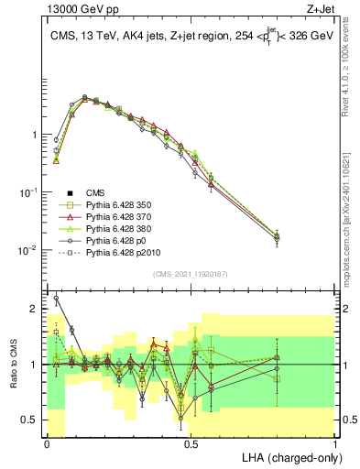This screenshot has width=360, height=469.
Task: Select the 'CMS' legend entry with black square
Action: pyautogui.click(x=96, y=192)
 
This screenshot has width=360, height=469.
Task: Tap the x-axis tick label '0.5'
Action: pyautogui.click(x=191, y=443)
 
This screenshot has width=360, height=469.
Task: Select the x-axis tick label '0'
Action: pyautogui.click(x=47, y=443)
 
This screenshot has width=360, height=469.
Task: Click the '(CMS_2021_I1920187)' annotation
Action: pyautogui.click(x=191, y=274)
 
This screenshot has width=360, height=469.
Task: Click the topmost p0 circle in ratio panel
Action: pyautogui.click(x=57, y=298)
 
